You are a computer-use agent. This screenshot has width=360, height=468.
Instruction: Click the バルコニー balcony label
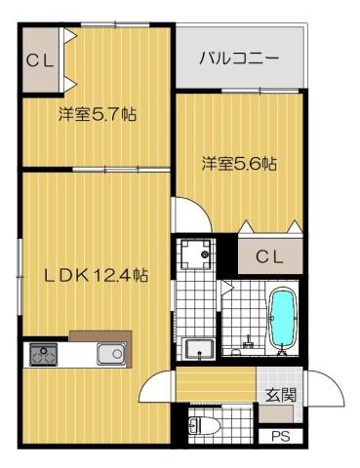point(239,58)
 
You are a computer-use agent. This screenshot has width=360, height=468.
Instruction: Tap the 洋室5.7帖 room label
point(96,115)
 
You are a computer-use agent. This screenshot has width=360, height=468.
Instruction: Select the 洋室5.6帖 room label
point(239,163)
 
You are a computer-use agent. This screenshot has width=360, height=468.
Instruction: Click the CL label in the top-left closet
point(40,60)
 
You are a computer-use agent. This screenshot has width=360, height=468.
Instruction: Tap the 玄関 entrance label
point(278,395)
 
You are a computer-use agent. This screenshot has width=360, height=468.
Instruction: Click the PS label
point(281,436)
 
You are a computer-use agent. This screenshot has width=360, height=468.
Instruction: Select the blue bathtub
point(281,319)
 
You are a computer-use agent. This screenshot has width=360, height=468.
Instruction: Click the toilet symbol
point(202,425)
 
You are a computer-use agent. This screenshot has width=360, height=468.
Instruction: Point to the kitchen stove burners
point(43,354)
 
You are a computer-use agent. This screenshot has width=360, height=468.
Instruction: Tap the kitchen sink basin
point(109,354)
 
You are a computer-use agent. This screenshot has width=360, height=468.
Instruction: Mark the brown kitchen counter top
point(99,333)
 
